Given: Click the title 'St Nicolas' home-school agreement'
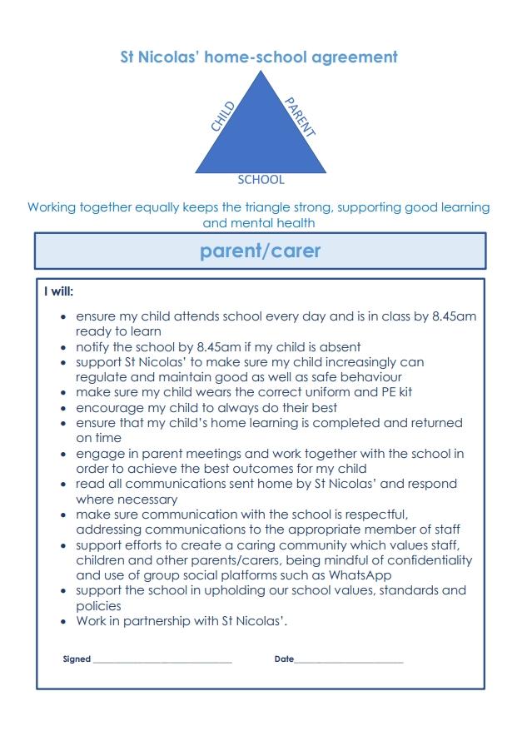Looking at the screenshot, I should [259, 57].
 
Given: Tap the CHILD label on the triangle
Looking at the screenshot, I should [223, 116].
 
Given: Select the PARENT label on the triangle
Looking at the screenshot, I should [300, 117].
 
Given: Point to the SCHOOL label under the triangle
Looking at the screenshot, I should [261, 179].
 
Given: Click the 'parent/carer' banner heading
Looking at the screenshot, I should [260, 251].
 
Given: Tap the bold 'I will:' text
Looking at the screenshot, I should [59, 292].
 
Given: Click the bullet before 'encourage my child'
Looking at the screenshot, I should [64, 408].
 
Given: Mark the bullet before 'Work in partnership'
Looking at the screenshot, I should [64, 622].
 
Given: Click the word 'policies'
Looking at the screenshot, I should [99, 606].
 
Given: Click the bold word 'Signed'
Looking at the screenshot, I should [77, 659].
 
